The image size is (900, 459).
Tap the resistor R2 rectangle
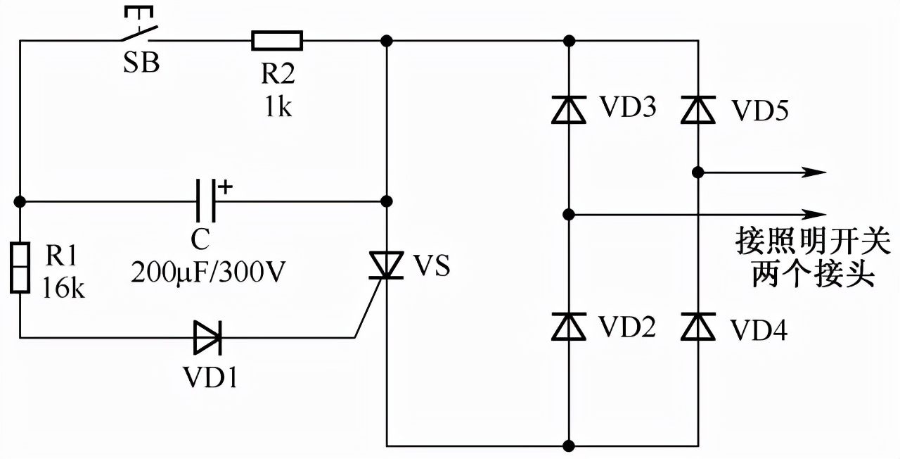277,41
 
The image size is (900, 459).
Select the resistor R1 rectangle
20,267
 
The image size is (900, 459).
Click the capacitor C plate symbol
205,201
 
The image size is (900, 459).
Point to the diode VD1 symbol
207,338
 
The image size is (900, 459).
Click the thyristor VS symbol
386,267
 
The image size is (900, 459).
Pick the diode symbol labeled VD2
569,327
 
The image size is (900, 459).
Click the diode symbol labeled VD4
698,327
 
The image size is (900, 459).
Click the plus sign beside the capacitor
225,187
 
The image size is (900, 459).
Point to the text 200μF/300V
207,272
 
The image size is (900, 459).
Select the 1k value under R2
278,108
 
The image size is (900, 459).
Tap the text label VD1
210,379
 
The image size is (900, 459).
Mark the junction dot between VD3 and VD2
569,213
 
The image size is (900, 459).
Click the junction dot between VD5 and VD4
698,172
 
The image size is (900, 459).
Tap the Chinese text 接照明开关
813,241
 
